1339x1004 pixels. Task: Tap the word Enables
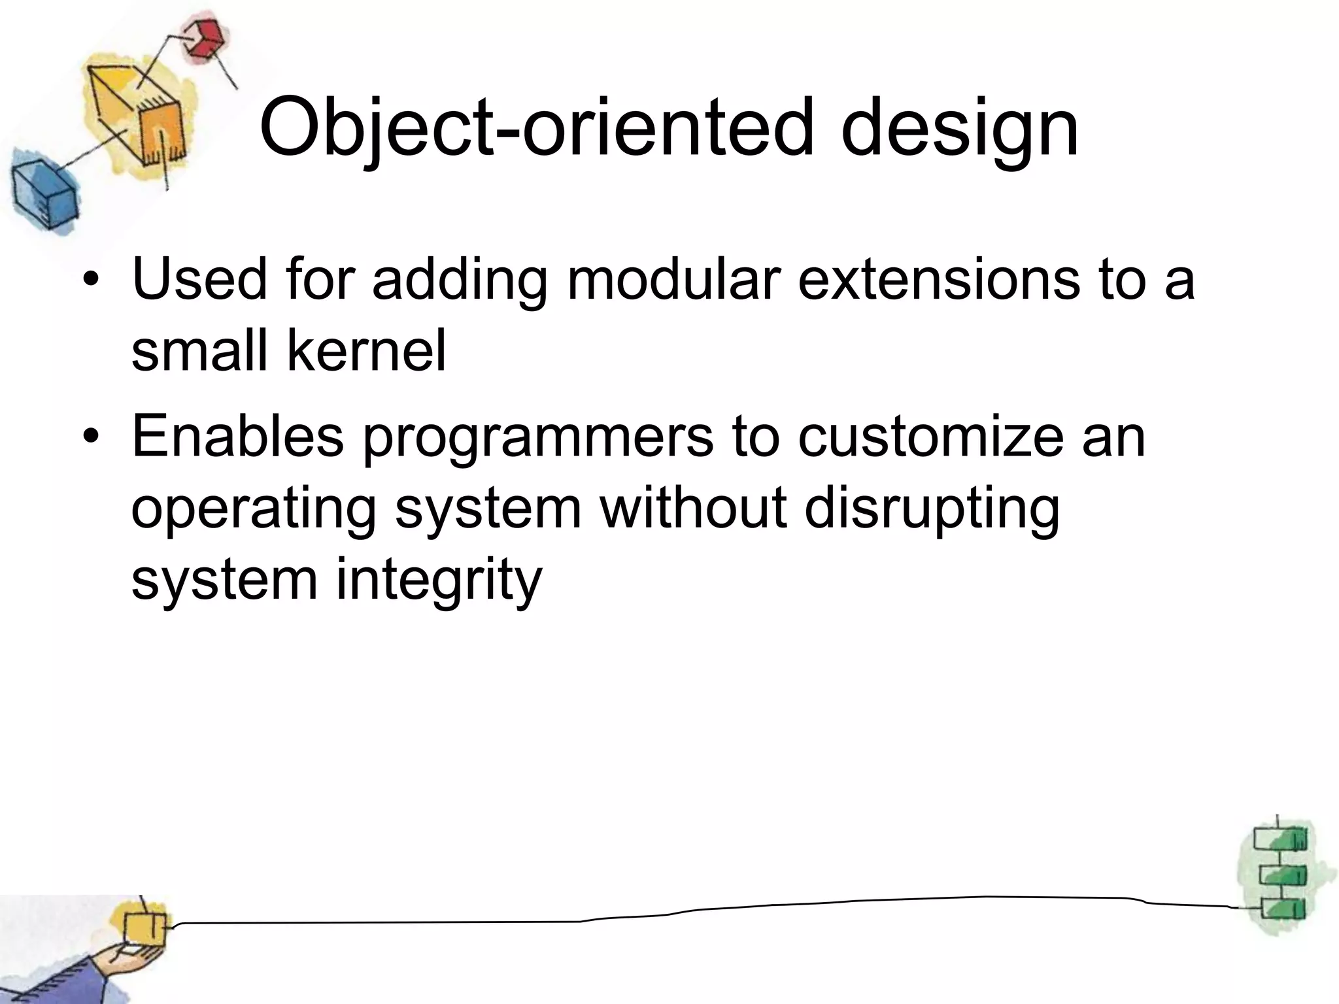point(237,437)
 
